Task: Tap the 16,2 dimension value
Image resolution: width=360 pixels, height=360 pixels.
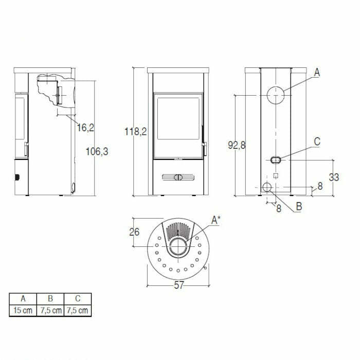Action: [85, 127]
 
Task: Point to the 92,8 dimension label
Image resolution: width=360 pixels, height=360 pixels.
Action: [237, 146]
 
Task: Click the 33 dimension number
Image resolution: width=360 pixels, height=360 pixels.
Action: [334, 177]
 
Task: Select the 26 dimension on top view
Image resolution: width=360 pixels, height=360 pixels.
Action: [134, 231]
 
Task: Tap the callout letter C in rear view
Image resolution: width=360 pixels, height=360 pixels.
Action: [317, 141]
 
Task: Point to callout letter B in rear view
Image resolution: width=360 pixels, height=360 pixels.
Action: [298, 208]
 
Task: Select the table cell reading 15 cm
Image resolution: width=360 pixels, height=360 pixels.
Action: [23, 310]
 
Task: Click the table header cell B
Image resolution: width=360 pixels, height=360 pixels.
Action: [50, 298]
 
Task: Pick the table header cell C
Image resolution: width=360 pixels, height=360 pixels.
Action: [78, 298]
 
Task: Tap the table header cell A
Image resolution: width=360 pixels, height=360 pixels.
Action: [23, 298]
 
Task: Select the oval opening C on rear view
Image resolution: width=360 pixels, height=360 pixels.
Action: [276, 159]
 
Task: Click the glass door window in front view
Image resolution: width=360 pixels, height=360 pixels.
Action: [178, 118]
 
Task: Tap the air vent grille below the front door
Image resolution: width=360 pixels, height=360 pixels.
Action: [178, 178]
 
